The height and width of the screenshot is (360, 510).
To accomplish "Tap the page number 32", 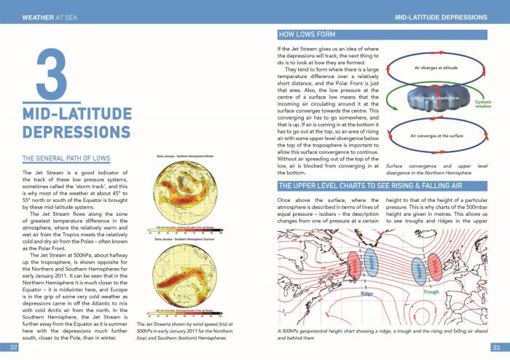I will [x=12, y=346].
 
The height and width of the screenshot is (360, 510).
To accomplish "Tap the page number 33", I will [x=496, y=346].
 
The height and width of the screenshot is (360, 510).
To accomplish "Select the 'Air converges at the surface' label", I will [x=436, y=136].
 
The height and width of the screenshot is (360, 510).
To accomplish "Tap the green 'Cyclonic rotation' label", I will [x=484, y=104].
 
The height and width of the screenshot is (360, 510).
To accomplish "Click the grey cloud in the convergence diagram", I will [x=433, y=100].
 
